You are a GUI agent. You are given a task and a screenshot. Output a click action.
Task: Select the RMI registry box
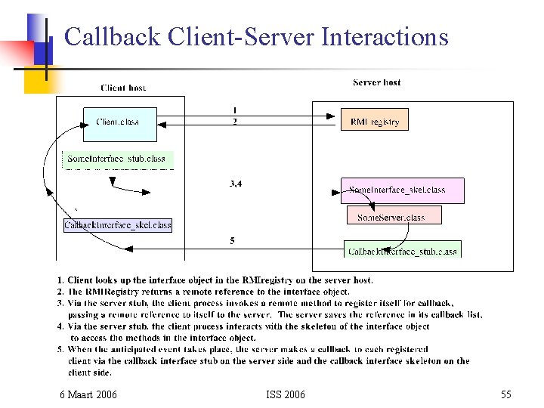click(375, 120)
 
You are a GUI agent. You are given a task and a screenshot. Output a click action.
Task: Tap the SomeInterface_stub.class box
click(117, 159)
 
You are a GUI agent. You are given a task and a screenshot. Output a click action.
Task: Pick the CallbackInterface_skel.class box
click(118, 225)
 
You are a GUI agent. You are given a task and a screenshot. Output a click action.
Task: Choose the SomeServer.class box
click(394, 216)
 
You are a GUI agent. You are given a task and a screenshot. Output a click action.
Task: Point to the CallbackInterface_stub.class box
click(403, 250)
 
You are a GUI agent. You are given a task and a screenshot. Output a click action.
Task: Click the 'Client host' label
click(123, 88)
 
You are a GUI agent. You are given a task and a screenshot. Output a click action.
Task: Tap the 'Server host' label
click(376, 82)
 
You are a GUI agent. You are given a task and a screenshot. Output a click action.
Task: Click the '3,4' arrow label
click(235, 183)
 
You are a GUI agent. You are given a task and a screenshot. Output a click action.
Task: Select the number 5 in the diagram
click(232, 241)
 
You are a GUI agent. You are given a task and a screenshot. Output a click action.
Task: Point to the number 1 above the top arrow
click(234, 110)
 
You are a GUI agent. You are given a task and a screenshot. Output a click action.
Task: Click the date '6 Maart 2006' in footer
click(88, 394)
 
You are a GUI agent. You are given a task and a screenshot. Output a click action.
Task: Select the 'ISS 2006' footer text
click(286, 394)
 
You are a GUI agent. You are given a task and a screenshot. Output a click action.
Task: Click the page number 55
click(505, 394)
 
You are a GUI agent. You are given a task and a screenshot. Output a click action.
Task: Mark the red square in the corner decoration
click(17, 54)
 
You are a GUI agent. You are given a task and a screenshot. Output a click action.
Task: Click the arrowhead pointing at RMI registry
click(331, 116)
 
